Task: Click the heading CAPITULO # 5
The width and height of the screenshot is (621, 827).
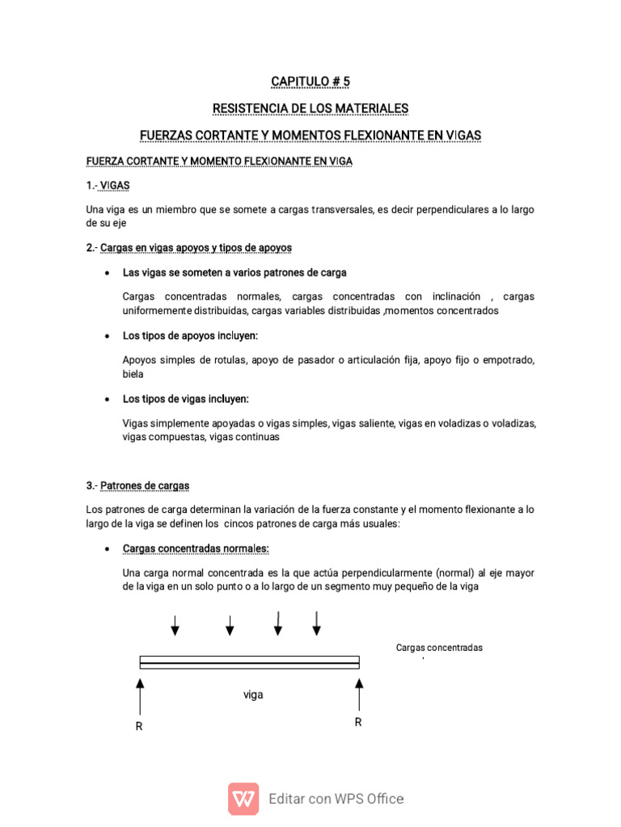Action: [x=310, y=82]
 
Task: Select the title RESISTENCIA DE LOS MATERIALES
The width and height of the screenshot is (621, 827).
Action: [x=310, y=107]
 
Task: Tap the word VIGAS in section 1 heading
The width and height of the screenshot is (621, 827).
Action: [x=116, y=186]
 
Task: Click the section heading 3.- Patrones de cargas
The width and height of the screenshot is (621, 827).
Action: [x=137, y=485]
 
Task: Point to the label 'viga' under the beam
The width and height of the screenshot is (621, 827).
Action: [x=253, y=694]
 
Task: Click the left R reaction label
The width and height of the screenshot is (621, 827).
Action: [x=139, y=726]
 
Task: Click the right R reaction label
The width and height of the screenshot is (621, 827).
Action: [x=358, y=722]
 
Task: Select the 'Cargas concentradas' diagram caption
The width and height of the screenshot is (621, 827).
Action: [x=439, y=648]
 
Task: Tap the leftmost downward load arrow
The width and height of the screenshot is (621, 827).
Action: [x=175, y=624]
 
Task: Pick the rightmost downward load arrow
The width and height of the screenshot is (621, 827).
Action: [x=316, y=623]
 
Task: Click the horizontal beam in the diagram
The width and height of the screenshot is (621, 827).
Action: [x=249, y=662]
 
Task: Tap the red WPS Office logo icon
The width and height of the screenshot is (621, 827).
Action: [x=243, y=799]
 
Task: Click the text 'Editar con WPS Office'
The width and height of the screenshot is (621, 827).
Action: [x=336, y=799]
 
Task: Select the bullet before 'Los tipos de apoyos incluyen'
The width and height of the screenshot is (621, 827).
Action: [x=108, y=335]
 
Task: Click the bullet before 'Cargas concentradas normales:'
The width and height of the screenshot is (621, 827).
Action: [x=108, y=549]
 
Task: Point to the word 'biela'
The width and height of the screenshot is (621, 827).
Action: [x=133, y=374]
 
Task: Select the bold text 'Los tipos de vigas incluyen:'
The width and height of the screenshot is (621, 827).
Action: [x=185, y=399]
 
